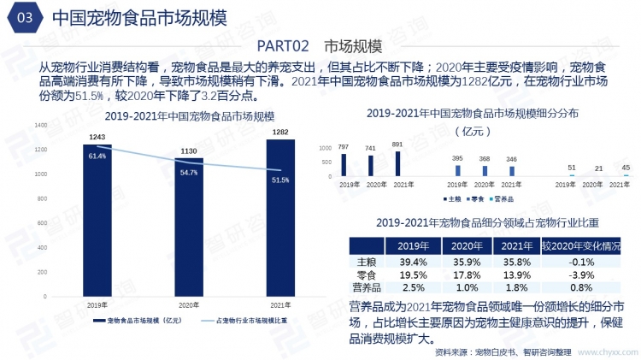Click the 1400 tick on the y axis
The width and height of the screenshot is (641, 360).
(42, 125)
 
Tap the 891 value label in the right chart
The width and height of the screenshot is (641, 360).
(397, 144)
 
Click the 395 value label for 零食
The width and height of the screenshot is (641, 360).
(457, 158)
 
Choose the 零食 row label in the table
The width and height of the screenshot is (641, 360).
(367, 274)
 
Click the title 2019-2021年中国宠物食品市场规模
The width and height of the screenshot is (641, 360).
(183, 115)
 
